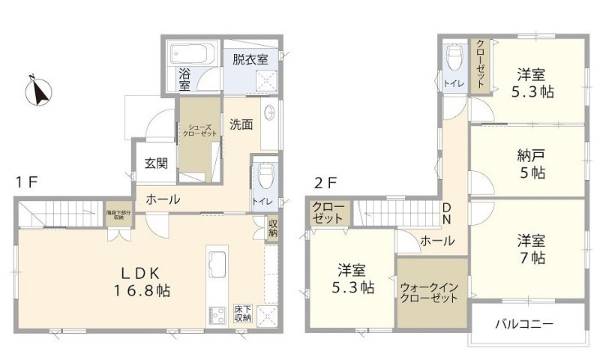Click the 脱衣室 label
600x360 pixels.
click(250, 59)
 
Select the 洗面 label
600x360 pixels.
click(241, 124)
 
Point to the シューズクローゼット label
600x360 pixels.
click(199, 130)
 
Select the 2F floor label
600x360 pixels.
click(324, 182)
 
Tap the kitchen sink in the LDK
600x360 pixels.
click(216, 265)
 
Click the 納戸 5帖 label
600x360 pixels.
click(530, 163)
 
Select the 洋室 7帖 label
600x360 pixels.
click(530, 249)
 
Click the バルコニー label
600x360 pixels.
click(523, 325)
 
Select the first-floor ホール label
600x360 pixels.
click(162, 199)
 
